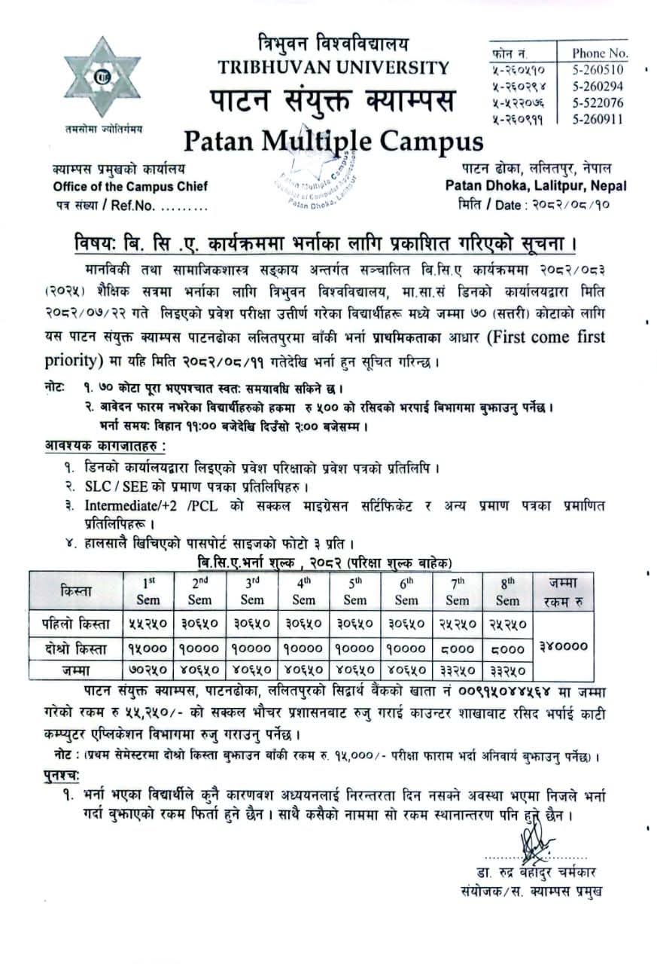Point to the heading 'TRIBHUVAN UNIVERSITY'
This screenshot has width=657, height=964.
pyautogui.click(x=333, y=68)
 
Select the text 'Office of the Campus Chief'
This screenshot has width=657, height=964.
pyautogui.click(x=130, y=187)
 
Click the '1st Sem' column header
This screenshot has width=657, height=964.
pyautogui.click(x=148, y=591)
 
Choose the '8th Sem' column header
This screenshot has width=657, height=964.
pyautogui.click(x=507, y=591)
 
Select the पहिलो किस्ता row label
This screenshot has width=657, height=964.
pyautogui.click(x=75, y=624)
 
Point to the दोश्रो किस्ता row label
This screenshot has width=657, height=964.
pyautogui.click(x=75, y=647)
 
